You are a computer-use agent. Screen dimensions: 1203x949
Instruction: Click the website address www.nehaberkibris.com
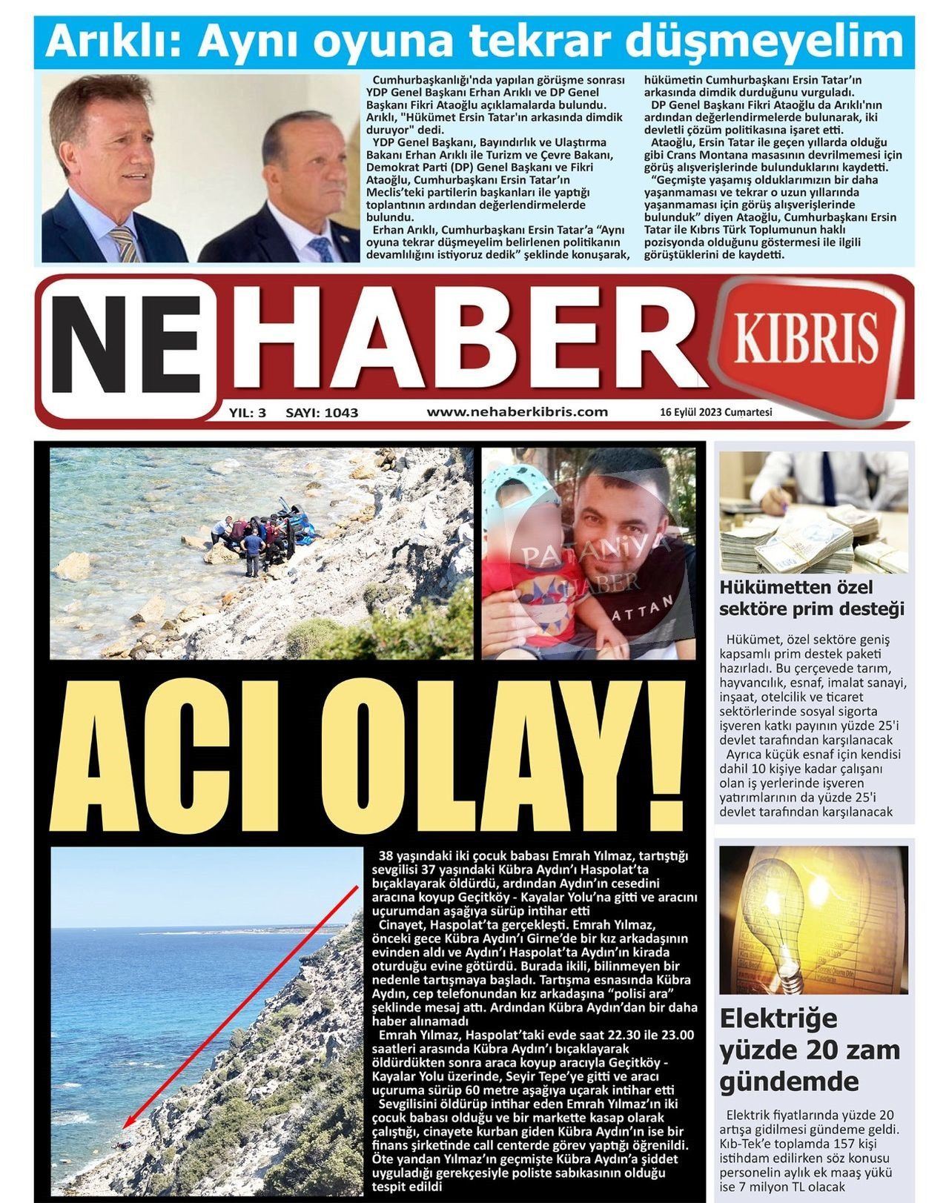point(517,412)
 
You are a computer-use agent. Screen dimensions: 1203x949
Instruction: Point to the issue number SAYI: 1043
point(322,413)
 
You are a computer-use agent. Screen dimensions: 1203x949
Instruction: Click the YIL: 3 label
point(248,413)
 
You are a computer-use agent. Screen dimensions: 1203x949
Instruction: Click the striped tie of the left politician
point(125,244)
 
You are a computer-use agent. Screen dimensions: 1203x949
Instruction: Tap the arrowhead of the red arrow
point(127,1124)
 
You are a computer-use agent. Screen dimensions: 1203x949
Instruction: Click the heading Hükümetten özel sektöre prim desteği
point(812,598)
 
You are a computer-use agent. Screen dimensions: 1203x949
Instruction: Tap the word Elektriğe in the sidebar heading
point(778,1018)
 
